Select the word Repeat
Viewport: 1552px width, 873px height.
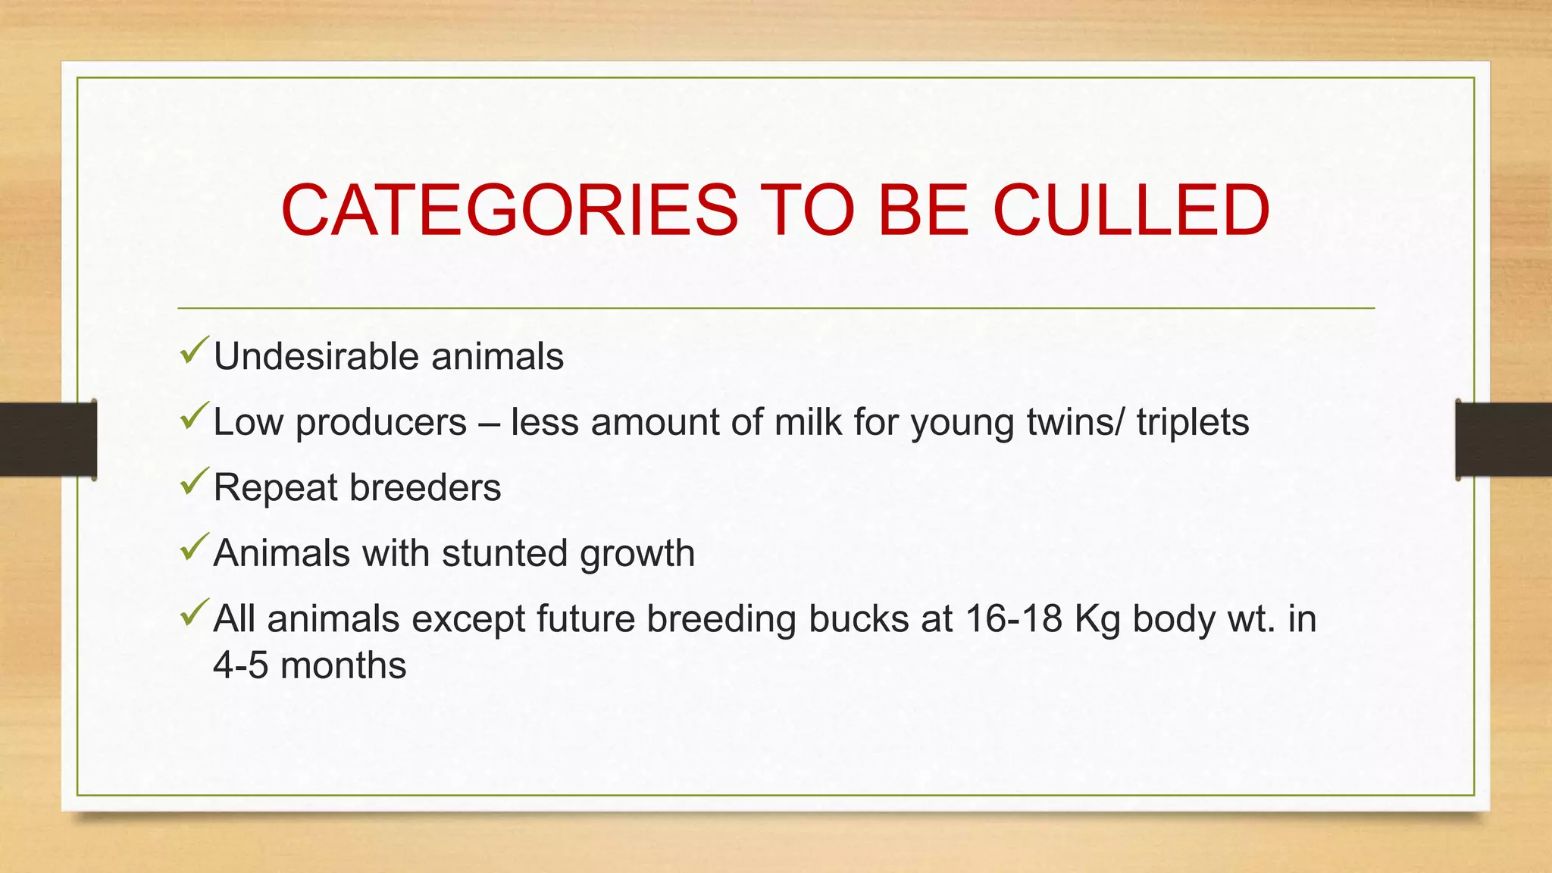point(275,488)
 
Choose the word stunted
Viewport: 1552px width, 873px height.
point(504,553)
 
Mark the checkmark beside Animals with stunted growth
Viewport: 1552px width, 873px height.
point(194,547)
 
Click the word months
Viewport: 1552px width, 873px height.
point(343,666)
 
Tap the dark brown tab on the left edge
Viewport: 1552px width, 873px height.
point(48,440)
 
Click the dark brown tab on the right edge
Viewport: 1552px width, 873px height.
point(1503,440)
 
